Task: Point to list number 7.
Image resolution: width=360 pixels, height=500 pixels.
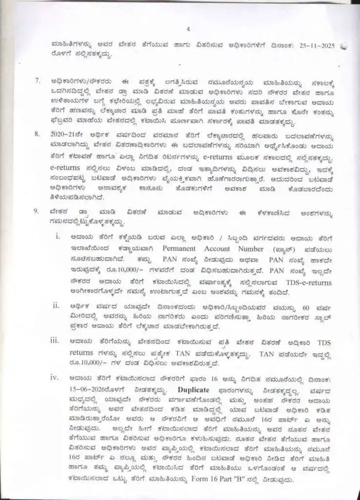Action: pos(37,80)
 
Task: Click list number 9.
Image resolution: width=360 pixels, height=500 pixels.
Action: pos(37,212)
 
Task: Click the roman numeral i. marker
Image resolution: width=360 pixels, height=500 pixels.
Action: pos(58,237)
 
